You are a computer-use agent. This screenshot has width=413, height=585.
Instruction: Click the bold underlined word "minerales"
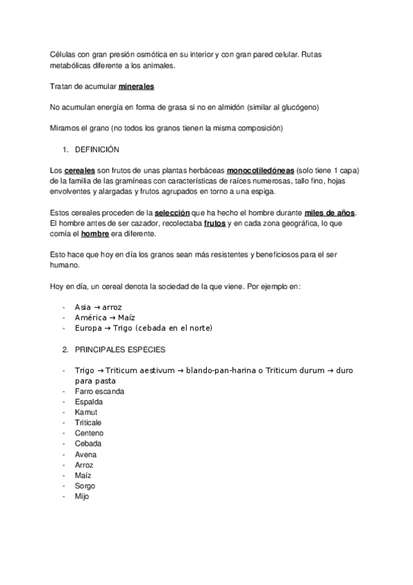[136, 87]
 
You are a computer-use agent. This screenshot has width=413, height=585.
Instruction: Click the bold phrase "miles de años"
[332, 212]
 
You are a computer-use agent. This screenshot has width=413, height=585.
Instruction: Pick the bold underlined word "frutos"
[216, 223]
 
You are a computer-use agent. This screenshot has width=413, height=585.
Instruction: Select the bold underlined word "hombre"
[95, 233]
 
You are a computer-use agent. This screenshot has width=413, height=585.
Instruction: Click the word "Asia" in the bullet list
[83, 307]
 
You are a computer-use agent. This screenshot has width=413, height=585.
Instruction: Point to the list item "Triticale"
[89, 423]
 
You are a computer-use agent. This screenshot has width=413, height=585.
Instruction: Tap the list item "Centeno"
[89, 433]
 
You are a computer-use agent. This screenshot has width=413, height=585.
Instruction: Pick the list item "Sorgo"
[85, 486]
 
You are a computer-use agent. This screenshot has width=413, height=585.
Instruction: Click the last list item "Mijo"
[82, 496]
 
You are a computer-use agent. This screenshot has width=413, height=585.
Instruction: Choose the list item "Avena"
[86, 455]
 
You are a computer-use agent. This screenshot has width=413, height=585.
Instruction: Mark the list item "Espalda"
[89, 401]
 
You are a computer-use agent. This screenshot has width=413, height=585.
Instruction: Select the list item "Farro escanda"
[100, 391]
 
